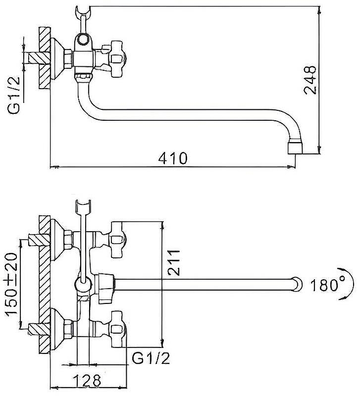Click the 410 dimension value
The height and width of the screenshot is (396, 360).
click(173, 158)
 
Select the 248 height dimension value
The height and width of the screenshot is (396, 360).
click(310, 80)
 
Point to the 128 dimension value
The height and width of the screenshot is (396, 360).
click(87, 380)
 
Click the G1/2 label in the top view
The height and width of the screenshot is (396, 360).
click(14, 95)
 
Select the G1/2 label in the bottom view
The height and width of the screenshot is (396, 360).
click(151, 358)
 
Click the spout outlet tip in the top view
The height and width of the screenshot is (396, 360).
click(295, 148)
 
